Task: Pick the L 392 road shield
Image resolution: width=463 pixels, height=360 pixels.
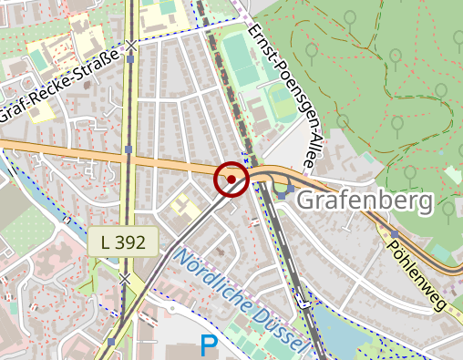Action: coord(123,242)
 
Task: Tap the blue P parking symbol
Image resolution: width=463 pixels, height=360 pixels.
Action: coord(209,346)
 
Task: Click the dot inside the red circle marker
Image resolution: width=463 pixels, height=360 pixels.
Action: coord(231,180)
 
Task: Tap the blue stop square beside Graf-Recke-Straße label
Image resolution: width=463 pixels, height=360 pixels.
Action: coord(131,60)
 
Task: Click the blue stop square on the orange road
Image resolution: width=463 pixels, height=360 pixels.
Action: coord(129,149)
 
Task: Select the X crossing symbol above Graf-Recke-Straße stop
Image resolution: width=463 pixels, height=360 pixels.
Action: coord(131,45)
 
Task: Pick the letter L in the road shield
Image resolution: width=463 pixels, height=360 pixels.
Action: coord(107,242)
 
